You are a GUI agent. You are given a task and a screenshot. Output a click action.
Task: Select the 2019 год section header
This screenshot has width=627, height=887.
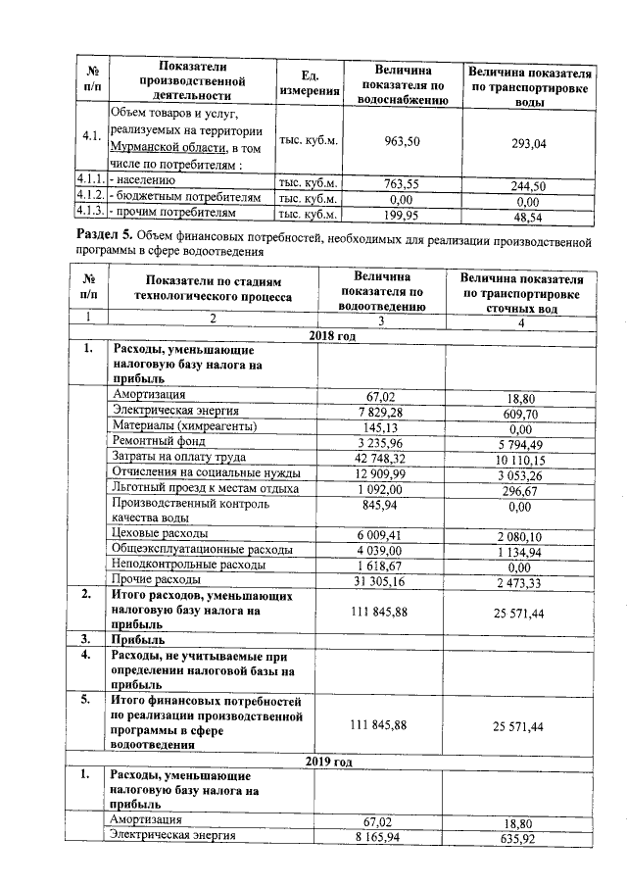[331, 761]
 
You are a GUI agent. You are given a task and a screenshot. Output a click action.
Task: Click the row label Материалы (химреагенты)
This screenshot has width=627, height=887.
[184, 426]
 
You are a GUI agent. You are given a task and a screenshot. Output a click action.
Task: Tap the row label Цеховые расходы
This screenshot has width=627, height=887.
[160, 533]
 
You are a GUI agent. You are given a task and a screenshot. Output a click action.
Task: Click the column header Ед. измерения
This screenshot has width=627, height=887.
[309, 83]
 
